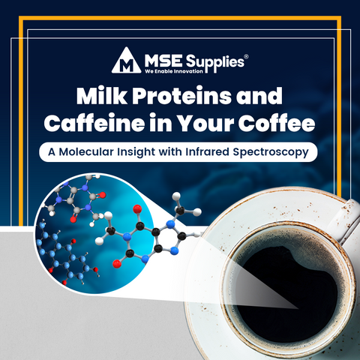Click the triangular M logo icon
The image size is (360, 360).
coord(127,61)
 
